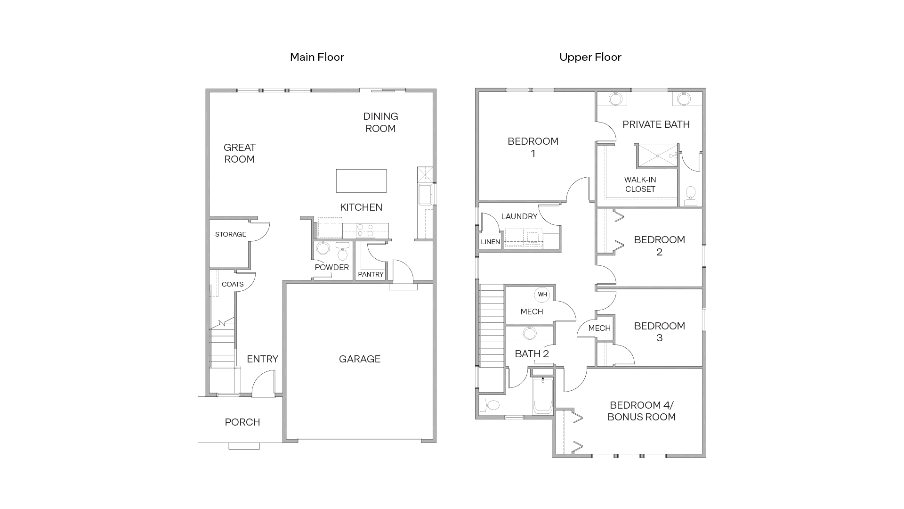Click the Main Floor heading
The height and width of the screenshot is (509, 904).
(x=317, y=57)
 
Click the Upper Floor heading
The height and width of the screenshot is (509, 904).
(x=590, y=57)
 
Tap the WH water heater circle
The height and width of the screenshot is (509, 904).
(x=542, y=295)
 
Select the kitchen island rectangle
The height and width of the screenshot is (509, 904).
(x=361, y=181)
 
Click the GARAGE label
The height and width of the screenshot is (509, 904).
(x=359, y=359)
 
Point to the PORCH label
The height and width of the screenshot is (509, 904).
(x=242, y=422)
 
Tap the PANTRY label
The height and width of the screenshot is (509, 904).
(x=371, y=274)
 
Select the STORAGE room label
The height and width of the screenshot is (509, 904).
(x=230, y=234)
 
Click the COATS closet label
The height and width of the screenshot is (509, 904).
(x=233, y=284)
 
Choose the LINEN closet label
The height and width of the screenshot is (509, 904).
(x=490, y=242)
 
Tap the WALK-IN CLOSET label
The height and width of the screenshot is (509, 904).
(x=640, y=184)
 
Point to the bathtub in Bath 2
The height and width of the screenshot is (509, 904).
(x=542, y=397)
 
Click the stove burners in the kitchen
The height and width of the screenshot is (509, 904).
(x=365, y=230)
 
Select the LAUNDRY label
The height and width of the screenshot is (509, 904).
(x=519, y=216)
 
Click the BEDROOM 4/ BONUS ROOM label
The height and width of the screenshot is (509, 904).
(x=641, y=411)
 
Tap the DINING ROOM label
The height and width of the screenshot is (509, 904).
(x=380, y=122)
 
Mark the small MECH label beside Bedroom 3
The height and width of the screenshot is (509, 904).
(x=599, y=328)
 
